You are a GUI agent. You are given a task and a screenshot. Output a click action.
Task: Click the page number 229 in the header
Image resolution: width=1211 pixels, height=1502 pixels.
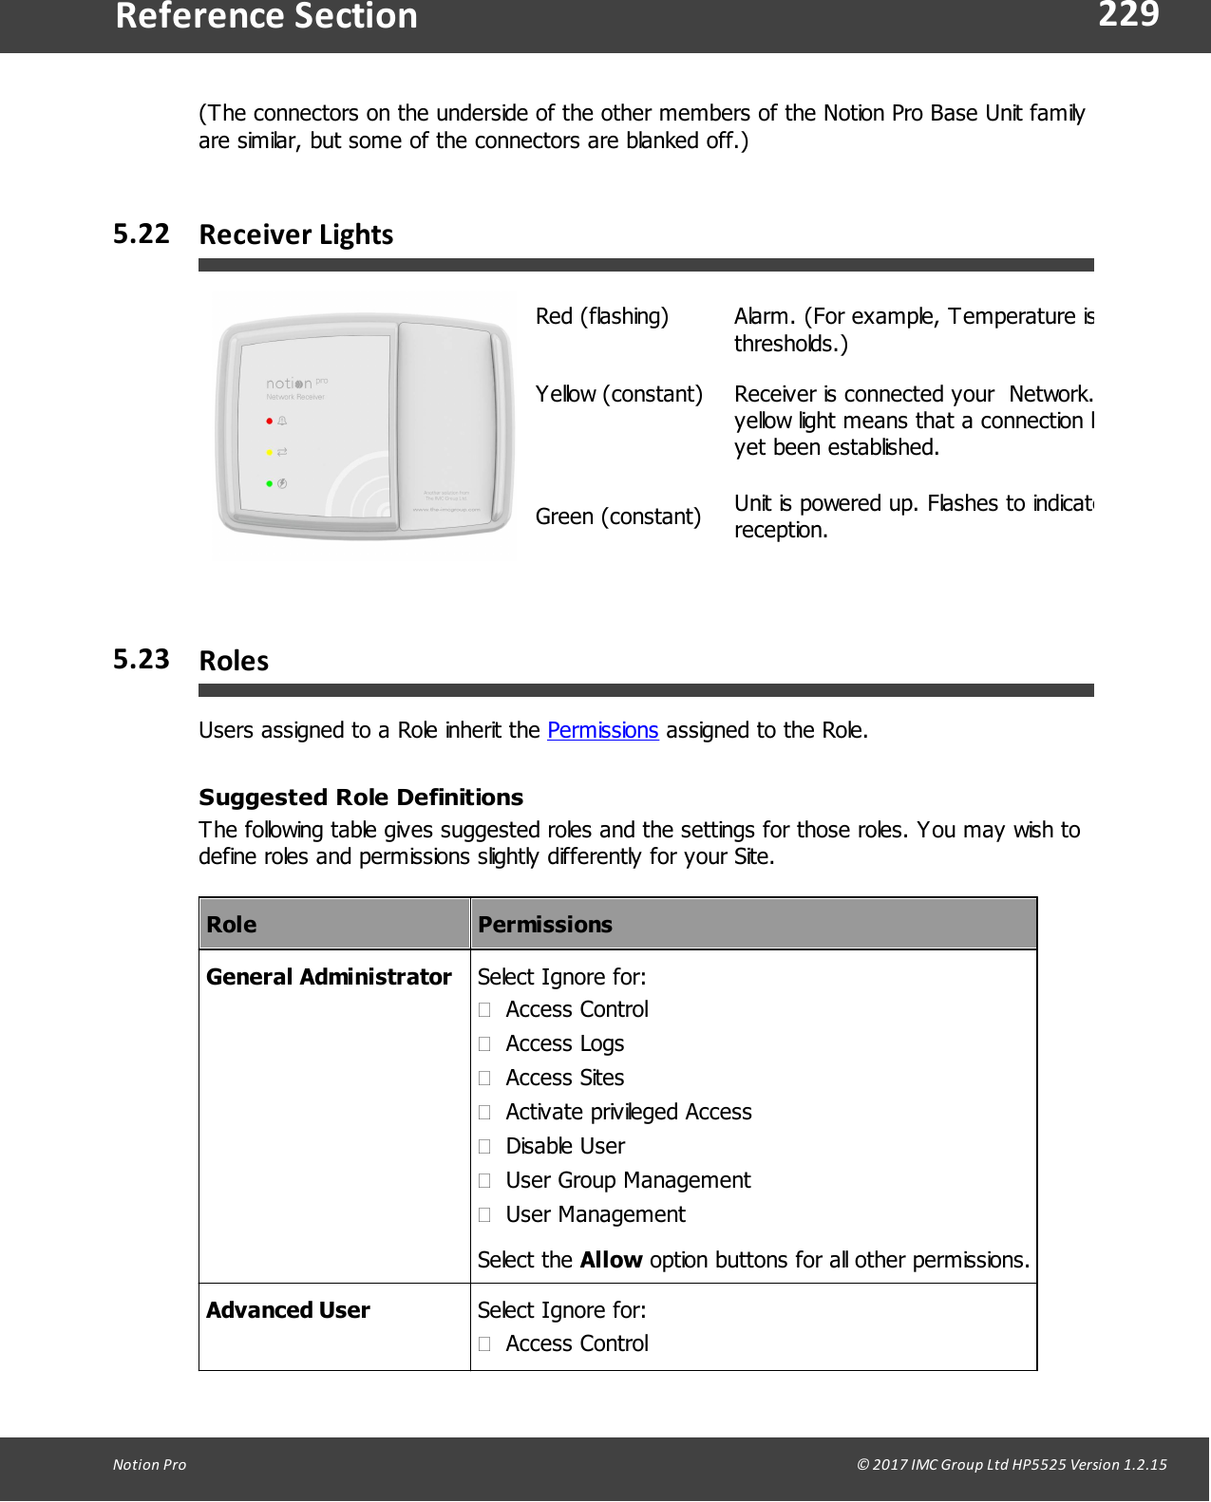[1127, 15]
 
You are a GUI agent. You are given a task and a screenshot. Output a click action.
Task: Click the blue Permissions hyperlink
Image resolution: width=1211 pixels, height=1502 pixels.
[602, 730]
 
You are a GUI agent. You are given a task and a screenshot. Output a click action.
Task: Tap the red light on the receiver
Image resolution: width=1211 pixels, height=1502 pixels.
[270, 421]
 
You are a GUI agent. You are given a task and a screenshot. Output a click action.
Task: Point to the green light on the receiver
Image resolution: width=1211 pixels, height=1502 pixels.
[270, 483]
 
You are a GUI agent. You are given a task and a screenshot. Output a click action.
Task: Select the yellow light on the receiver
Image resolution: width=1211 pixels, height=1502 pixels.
[270, 452]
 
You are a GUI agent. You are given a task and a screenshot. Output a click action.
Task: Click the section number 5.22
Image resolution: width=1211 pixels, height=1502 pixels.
[141, 234]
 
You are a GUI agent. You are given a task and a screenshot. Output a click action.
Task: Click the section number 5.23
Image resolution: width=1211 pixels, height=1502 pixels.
[141, 659]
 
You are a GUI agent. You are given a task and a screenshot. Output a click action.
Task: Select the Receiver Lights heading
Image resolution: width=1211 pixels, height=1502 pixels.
[295, 235]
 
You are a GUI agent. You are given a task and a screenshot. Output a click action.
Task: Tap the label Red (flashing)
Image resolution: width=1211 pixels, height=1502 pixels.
[601, 316]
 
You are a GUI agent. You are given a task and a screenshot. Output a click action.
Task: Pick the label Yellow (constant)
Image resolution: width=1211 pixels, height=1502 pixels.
[618, 394]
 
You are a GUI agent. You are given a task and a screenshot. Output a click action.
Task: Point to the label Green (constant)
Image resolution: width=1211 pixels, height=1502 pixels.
[617, 516]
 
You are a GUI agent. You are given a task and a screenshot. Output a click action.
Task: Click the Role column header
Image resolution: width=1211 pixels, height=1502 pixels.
[232, 925]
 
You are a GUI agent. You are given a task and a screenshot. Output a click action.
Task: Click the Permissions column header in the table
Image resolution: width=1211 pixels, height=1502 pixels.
[544, 925]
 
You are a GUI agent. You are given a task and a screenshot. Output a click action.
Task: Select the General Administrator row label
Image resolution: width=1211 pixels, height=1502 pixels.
[329, 977]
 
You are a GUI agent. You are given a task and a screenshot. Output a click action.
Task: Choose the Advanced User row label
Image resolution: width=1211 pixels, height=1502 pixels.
[288, 1310]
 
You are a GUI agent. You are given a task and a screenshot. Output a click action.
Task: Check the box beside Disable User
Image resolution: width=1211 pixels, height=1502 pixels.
[484, 1146]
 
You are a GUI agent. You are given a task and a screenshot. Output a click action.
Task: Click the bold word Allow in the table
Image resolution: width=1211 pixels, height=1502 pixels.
[611, 1260]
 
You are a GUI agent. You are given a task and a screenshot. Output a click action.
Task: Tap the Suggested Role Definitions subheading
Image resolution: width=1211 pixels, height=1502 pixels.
[361, 798]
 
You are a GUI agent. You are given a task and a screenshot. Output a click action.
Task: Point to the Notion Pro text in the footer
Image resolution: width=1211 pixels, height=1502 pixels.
[149, 1464]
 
